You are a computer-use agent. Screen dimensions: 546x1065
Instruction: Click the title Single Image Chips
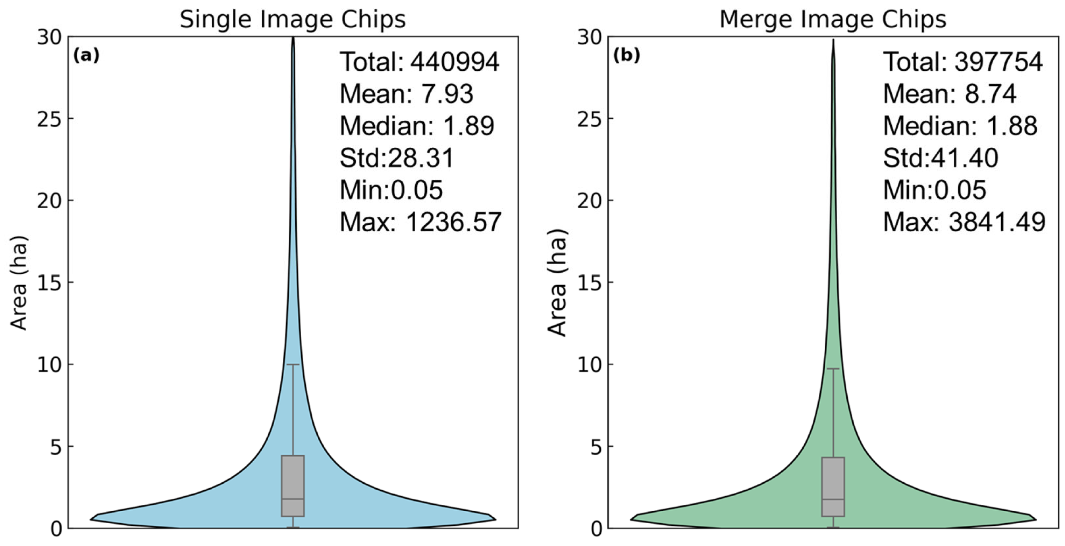293,20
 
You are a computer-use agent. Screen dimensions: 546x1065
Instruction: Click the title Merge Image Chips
833,20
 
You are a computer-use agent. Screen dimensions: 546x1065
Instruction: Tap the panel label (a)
86,55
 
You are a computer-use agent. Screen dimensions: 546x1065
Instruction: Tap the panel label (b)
626,55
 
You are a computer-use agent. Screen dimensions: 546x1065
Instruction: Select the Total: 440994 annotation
419,62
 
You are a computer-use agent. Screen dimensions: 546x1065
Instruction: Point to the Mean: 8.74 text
950,94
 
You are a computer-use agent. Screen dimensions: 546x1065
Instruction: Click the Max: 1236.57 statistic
421,222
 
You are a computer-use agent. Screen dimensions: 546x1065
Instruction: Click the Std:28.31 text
397,158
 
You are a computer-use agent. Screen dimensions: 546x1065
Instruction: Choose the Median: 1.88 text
960,126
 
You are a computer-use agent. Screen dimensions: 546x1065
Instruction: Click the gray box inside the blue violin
293,476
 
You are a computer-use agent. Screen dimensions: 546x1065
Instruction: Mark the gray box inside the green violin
833,476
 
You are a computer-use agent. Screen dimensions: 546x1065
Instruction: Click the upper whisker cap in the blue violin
293,364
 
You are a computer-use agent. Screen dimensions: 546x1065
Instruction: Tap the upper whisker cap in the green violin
833,369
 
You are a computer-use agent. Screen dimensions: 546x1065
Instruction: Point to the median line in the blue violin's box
293,499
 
